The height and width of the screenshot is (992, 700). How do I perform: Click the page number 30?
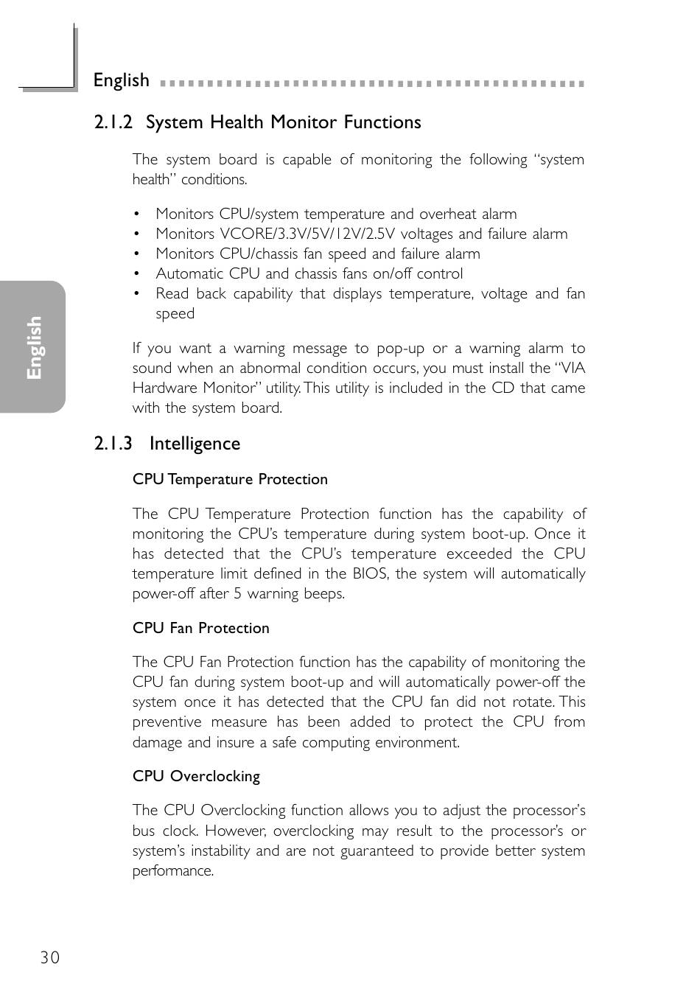(50, 957)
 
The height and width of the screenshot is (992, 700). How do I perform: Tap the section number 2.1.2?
(113, 122)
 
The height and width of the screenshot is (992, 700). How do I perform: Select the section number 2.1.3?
(113, 444)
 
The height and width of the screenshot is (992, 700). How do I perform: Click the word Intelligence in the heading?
(195, 444)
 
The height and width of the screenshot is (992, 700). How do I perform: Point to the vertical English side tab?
(34, 347)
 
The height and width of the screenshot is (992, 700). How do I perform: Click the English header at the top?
(121, 80)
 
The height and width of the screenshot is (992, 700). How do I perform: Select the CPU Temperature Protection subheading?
(230, 480)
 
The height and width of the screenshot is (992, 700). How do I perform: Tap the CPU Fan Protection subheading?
(200, 629)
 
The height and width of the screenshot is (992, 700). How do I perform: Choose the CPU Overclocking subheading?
(196, 777)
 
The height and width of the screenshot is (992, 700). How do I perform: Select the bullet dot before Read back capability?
(136, 294)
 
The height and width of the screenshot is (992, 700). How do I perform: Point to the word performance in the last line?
(172, 871)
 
